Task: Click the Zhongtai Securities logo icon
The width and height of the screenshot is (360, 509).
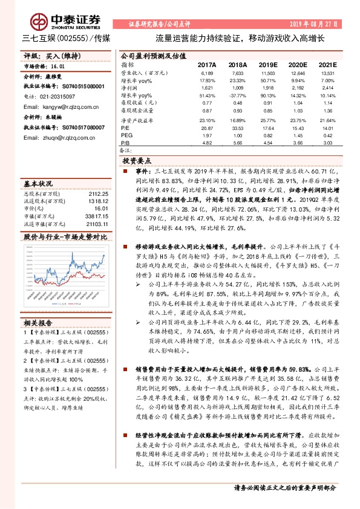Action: tap(40, 22)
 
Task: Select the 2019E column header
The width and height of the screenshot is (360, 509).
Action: tap(267, 64)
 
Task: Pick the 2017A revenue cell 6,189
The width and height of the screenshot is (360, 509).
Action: tap(207, 73)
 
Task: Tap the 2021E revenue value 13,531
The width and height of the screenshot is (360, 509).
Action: tap(327, 73)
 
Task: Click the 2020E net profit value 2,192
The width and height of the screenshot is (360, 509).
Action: tap(298, 88)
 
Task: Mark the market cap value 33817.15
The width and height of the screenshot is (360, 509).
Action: tap(96, 215)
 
